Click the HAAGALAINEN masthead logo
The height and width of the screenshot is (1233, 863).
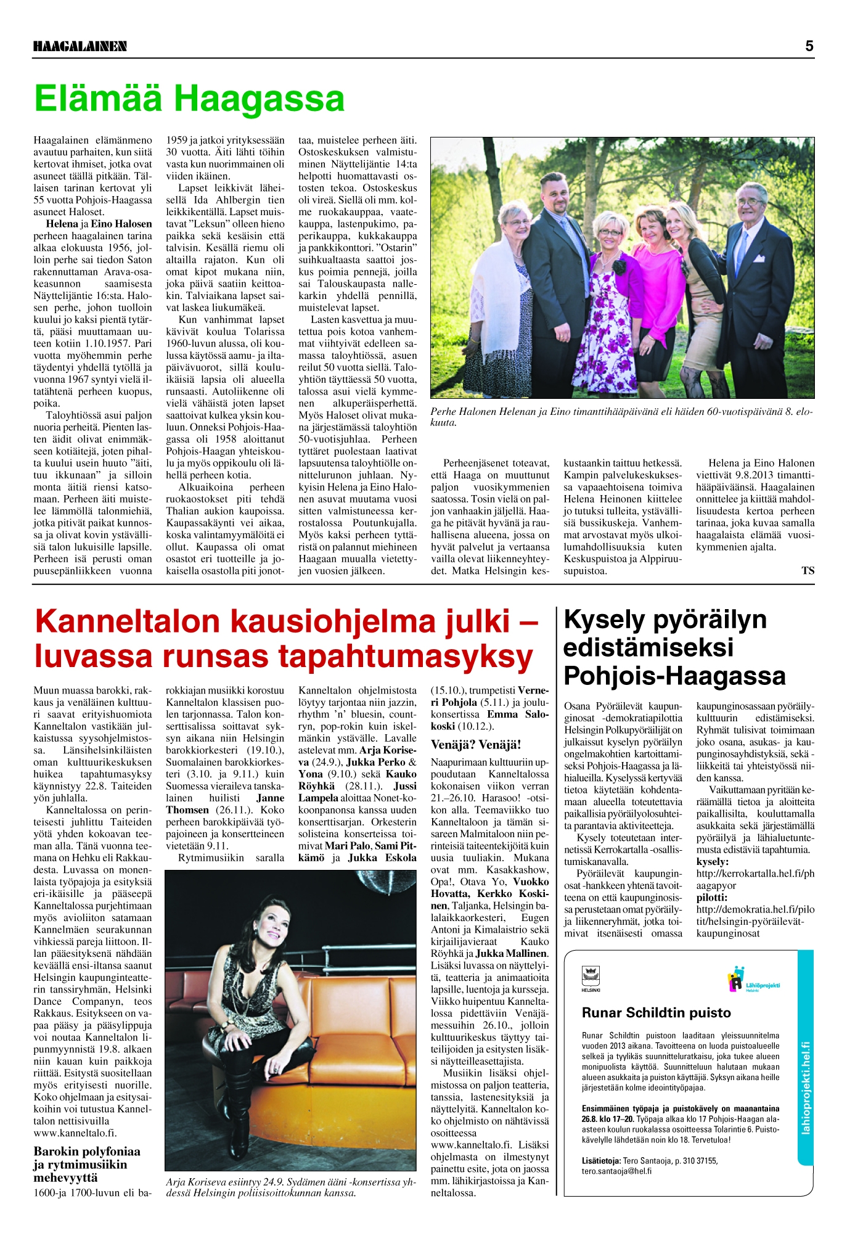click(80, 46)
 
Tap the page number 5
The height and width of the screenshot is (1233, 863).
click(809, 46)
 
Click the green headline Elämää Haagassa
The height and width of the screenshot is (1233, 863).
click(189, 99)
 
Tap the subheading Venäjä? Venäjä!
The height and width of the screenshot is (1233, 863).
click(476, 745)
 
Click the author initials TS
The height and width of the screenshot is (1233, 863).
click(808, 571)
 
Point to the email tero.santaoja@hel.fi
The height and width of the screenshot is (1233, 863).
click(616, 1171)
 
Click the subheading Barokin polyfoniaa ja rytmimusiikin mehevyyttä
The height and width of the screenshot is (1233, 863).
click(87, 1164)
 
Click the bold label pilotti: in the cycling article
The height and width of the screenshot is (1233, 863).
click(711, 898)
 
